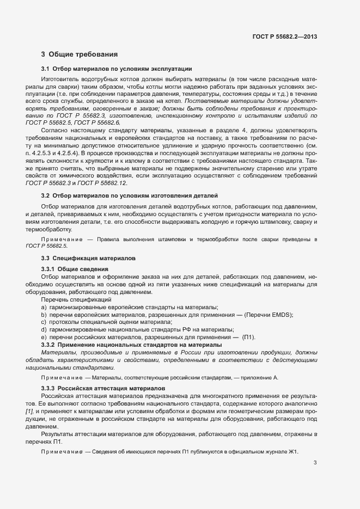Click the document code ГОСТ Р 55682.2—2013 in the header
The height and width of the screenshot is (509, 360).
[x=285, y=37]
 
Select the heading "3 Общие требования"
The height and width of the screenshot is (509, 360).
[x=79, y=54]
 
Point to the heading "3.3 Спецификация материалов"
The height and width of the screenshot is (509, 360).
[x=89, y=257]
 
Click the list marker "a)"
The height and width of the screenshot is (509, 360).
[x=44, y=308]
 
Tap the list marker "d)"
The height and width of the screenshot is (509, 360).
[x=44, y=329]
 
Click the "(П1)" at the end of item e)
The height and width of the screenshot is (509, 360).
[x=248, y=337]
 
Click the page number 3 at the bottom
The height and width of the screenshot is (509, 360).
[x=315, y=463]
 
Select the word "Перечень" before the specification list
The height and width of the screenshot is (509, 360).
[x=53, y=300]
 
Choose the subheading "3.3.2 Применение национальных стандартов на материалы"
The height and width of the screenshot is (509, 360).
[x=131, y=345]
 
